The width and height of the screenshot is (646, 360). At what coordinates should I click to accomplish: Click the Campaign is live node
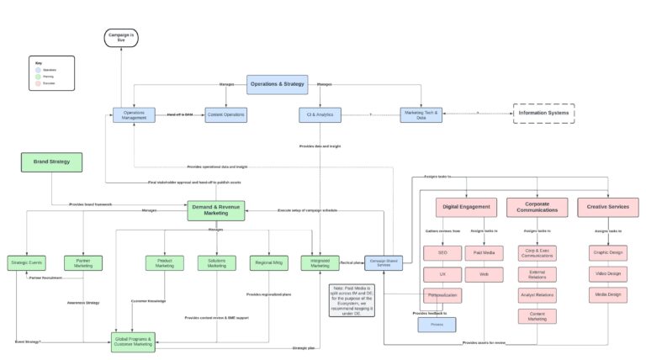click(x=120, y=37)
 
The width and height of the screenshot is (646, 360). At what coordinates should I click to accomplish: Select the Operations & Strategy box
click(x=276, y=84)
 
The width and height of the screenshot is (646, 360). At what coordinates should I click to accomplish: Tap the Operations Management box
click(x=134, y=114)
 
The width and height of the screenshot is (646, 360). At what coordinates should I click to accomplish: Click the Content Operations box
click(x=226, y=114)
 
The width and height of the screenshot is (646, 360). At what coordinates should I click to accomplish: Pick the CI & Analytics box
click(x=319, y=114)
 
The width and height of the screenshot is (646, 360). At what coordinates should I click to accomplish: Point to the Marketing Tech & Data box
click(x=421, y=114)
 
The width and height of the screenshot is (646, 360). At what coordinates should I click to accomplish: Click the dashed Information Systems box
click(x=544, y=113)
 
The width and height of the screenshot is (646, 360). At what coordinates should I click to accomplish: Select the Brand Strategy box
click(x=52, y=162)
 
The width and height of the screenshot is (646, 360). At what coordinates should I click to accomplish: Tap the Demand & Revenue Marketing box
click(x=215, y=210)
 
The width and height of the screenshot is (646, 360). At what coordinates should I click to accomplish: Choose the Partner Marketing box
click(x=83, y=263)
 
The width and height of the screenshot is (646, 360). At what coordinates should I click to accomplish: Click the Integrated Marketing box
click(x=320, y=263)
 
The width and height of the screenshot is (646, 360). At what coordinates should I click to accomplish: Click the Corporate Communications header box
click(x=536, y=207)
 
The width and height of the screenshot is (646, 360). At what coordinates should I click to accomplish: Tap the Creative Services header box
click(x=607, y=207)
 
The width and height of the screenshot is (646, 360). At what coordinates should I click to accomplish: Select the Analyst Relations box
click(x=536, y=295)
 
